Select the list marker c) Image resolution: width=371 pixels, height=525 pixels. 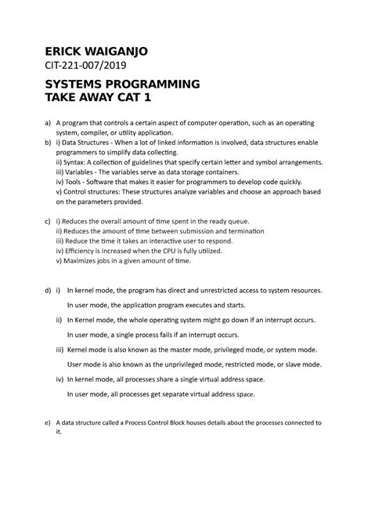49,223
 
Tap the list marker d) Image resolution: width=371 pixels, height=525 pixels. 49,290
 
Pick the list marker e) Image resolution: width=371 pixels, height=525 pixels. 49,421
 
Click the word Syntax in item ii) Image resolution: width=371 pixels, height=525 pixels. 76,161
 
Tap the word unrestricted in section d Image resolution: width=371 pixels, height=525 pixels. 225,290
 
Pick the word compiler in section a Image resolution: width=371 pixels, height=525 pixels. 93,133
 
